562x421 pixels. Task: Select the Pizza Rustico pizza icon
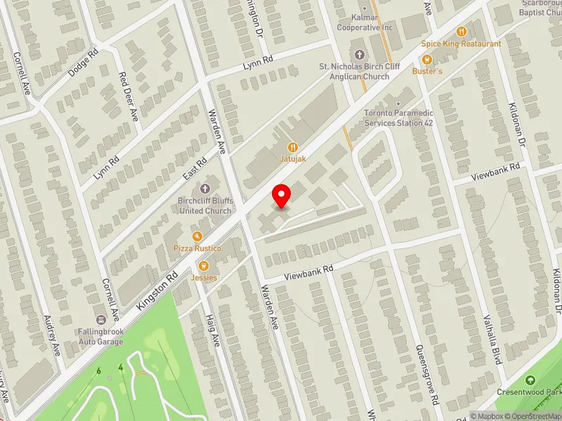click(x=197, y=236)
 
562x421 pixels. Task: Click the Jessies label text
click(x=204, y=277)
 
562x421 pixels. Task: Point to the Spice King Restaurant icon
click(x=462, y=32)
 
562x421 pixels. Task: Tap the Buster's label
click(x=427, y=72)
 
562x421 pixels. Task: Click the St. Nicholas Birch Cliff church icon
click(x=360, y=55)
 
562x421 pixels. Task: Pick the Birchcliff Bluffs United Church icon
click(x=205, y=189)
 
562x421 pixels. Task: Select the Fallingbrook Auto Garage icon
click(x=100, y=318)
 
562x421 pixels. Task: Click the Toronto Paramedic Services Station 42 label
click(x=398, y=118)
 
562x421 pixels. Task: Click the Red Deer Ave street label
click(x=130, y=95)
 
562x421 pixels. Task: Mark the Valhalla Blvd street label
click(x=491, y=341)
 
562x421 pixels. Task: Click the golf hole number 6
click(x=100, y=370)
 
